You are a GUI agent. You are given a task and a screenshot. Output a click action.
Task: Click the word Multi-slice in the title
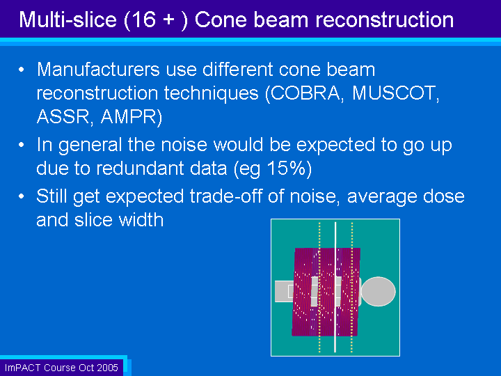[x=67, y=19]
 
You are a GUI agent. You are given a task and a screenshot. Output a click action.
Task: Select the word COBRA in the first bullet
[x=306, y=93]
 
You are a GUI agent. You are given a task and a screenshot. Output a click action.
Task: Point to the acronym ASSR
[x=63, y=116]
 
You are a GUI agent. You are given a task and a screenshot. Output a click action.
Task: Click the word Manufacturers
[x=98, y=70]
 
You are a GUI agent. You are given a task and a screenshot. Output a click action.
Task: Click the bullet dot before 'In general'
[x=22, y=145]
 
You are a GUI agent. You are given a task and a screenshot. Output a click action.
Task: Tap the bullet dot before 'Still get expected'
[x=22, y=196]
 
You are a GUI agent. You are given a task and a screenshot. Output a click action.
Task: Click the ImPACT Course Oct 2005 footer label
[x=61, y=368]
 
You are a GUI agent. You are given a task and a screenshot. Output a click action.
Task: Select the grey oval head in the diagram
[x=378, y=292]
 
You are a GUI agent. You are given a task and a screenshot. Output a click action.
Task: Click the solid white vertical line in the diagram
[x=335, y=287]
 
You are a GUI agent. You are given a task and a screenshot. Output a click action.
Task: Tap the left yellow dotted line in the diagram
[x=319, y=287]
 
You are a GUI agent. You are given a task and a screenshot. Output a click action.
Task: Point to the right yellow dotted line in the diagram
[x=352, y=287]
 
